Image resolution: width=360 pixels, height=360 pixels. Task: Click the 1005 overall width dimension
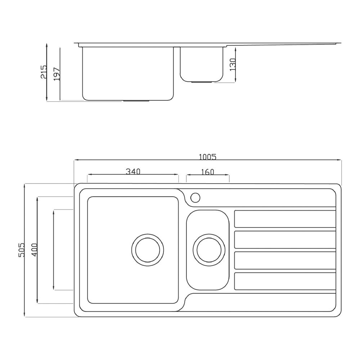[x=208, y=157]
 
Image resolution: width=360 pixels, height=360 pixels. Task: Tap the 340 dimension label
[x=133, y=171]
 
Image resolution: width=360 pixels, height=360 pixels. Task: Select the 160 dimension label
[x=208, y=172]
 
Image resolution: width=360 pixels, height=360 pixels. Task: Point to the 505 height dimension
[x=21, y=250]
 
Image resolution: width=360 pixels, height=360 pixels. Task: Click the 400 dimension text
[x=34, y=250]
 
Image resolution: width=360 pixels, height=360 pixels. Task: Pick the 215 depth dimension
[x=44, y=72]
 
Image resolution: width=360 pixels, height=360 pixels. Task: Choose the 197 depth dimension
[x=57, y=74]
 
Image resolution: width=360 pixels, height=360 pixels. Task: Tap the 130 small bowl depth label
[x=233, y=64]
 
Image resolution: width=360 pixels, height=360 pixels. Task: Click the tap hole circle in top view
[x=195, y=197]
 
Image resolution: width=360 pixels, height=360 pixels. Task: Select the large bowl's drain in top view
[x=148, y=250]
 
